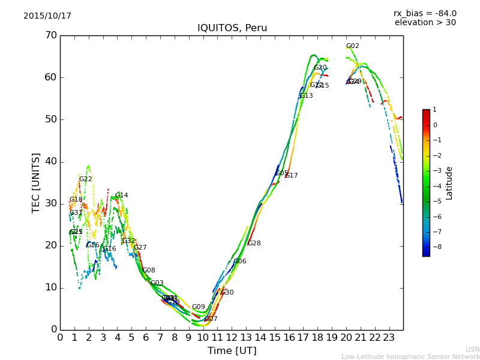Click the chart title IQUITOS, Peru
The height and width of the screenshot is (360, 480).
point(232,28)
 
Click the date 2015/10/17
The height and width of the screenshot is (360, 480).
point(47,16)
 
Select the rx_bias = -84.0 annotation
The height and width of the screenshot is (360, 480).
point(425,13)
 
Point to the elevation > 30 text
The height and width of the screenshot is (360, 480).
point(425,23)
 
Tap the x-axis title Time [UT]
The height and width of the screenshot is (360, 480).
point(232,351)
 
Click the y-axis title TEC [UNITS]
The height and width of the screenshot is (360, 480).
point(36,182)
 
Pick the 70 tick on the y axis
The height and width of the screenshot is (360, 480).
point(50,35)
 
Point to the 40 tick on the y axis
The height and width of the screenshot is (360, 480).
point(50,161)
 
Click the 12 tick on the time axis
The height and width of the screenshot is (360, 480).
point(232,337)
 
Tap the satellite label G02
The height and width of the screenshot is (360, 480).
point(353,46)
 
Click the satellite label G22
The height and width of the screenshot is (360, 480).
point(86,179)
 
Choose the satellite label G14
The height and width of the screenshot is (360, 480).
point(122,196)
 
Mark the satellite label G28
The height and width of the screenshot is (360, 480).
point(254,244)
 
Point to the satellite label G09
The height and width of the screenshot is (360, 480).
point(199,307)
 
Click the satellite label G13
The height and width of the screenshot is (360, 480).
point(307,96)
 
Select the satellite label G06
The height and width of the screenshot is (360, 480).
point(240,262)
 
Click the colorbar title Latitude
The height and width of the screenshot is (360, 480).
point(449,183)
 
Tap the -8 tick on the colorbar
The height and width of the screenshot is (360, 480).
point(435,246)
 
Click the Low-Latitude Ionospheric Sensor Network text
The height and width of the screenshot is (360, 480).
point(410,356)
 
